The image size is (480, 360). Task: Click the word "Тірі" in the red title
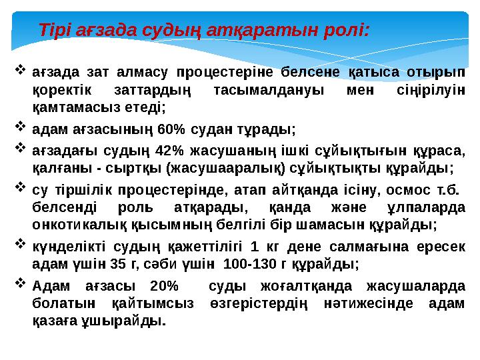[54, 31]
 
